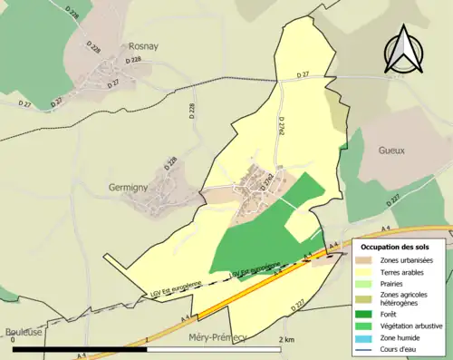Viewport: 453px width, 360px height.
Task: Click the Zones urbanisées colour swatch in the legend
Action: [x=369, y=260]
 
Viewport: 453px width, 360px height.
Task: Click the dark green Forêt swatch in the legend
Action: [x=369, y=316]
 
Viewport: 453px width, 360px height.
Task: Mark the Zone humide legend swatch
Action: [x=369, y=338]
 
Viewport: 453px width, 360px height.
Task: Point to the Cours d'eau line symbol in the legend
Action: [x=369, y=350]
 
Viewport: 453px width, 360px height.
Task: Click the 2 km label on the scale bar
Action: [x=286, y=340]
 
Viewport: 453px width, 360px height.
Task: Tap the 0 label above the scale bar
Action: [x=13, y=340]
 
